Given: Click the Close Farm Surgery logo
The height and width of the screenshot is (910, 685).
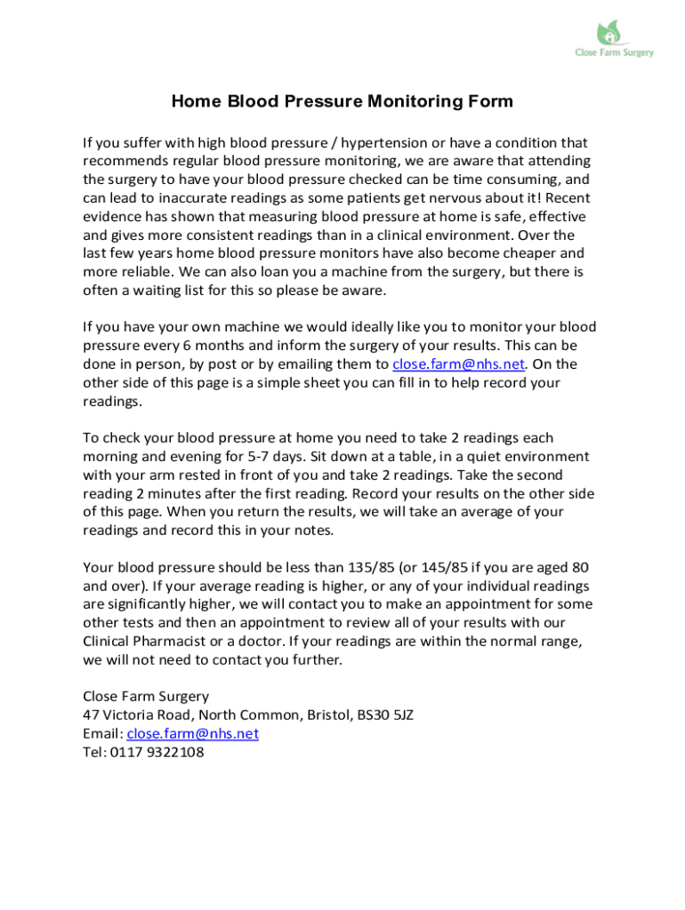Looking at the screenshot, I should (613, 39).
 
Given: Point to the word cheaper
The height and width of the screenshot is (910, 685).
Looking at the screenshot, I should (519, 253).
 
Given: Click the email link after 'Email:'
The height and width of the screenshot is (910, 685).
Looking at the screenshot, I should (192, 734).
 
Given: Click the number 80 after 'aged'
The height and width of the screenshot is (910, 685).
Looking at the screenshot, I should (579, 568).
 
